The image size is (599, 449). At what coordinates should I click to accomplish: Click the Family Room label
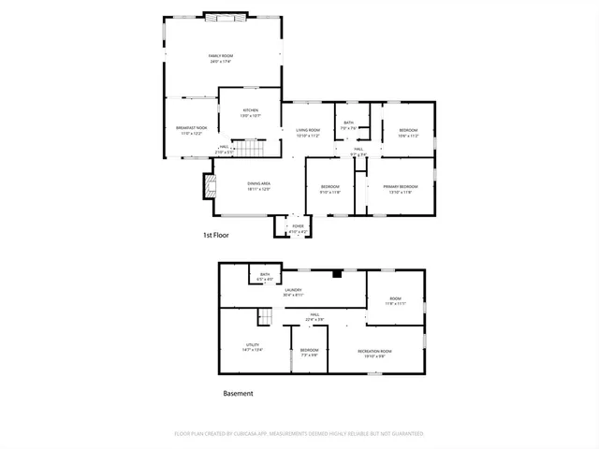(x=221, y=56)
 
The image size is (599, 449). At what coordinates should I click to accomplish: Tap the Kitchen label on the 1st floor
(x=251, y=111)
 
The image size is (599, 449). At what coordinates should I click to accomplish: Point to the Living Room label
(x=308, y=131)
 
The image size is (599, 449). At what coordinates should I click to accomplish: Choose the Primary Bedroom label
(x=400, y=187)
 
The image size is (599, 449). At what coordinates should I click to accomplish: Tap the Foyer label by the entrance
(x=298, y=225)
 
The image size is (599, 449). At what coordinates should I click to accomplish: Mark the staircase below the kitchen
(x=245, y=149)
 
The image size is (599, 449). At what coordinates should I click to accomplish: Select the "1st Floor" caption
(x=216, y=236)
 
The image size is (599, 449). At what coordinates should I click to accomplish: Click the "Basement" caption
(x=238, y=394)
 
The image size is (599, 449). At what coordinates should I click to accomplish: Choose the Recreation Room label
(x=374, y=351)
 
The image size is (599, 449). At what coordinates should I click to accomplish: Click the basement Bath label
(x=265, y=275)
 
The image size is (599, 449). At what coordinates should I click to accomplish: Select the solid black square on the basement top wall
(x=336, y=274)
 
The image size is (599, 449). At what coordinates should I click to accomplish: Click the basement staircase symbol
(x=265, y=318)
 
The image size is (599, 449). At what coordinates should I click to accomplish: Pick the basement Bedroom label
(x=309, y=351)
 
